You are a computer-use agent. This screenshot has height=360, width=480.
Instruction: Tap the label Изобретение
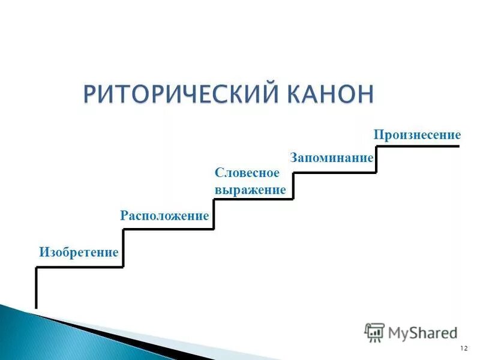79,252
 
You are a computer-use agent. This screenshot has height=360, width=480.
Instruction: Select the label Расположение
164,216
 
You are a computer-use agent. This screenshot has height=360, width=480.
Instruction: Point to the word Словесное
247,173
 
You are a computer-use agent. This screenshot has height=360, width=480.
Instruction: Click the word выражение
250,190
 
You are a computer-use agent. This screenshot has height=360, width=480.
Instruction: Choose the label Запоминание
332,158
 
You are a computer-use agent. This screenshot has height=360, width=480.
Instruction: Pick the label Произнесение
417,134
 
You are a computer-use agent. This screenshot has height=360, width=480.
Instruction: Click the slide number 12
463,349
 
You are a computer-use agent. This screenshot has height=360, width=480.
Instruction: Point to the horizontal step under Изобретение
80,267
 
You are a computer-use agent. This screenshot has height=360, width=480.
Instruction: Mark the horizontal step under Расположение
168,229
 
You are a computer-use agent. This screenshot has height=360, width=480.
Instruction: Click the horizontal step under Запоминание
334,173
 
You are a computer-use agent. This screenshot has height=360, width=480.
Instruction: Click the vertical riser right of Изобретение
124,248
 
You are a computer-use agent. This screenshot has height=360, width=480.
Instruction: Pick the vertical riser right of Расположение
214,214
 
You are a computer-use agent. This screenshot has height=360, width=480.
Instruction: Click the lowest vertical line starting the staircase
37,288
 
